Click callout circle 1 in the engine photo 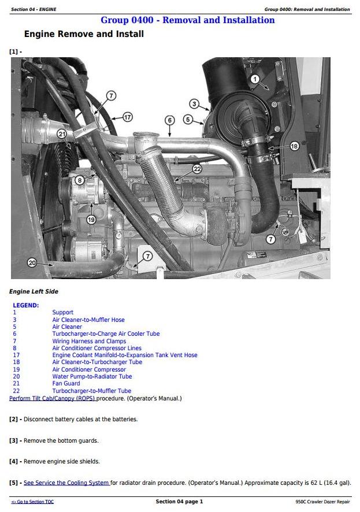(255, 79)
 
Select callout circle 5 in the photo (188, 119)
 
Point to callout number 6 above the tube (169, 120)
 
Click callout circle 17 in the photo (127, 117)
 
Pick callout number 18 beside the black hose (294, 146)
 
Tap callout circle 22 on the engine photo (197, 169)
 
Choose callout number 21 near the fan (62, 134)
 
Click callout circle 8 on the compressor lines (80, 180)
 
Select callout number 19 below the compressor (91, 219)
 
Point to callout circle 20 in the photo (32, 263)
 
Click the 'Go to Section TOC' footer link (32, 502)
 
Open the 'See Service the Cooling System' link (66, 483)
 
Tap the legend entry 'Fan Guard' (66, 383)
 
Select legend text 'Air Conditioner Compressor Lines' (97, 348)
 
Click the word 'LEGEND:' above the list (25, 305)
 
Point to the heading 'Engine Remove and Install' (84, 34)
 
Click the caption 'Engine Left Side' (34, 292)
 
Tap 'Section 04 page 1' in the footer (179, 502)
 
